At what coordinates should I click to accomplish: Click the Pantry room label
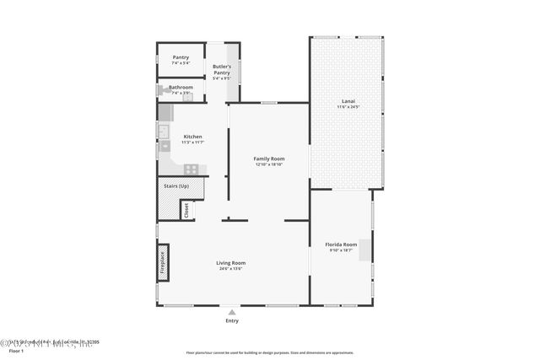point(181,57)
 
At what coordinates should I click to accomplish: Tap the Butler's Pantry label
point(221,69)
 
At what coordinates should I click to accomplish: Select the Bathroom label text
point(181,87)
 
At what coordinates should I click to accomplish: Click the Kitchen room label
point(192,137)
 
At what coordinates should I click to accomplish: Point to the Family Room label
point(269,159)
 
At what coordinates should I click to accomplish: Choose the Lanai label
point(348,102)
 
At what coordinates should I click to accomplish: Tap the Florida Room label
point(341,244)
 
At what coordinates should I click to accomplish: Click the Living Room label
point(231,263)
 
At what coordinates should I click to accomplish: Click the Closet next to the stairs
point(186,209)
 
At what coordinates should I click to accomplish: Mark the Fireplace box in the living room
point(164,261)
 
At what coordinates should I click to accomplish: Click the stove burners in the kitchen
point(192,169)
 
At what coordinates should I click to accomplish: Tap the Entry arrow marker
point(232,312)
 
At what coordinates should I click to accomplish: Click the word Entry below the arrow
point(232,321)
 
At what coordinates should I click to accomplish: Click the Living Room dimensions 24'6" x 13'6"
point(231,269)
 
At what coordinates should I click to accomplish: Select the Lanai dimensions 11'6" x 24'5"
point(348,108)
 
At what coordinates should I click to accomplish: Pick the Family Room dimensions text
point(269,164)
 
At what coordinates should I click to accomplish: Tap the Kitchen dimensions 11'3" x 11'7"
point(192,142)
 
